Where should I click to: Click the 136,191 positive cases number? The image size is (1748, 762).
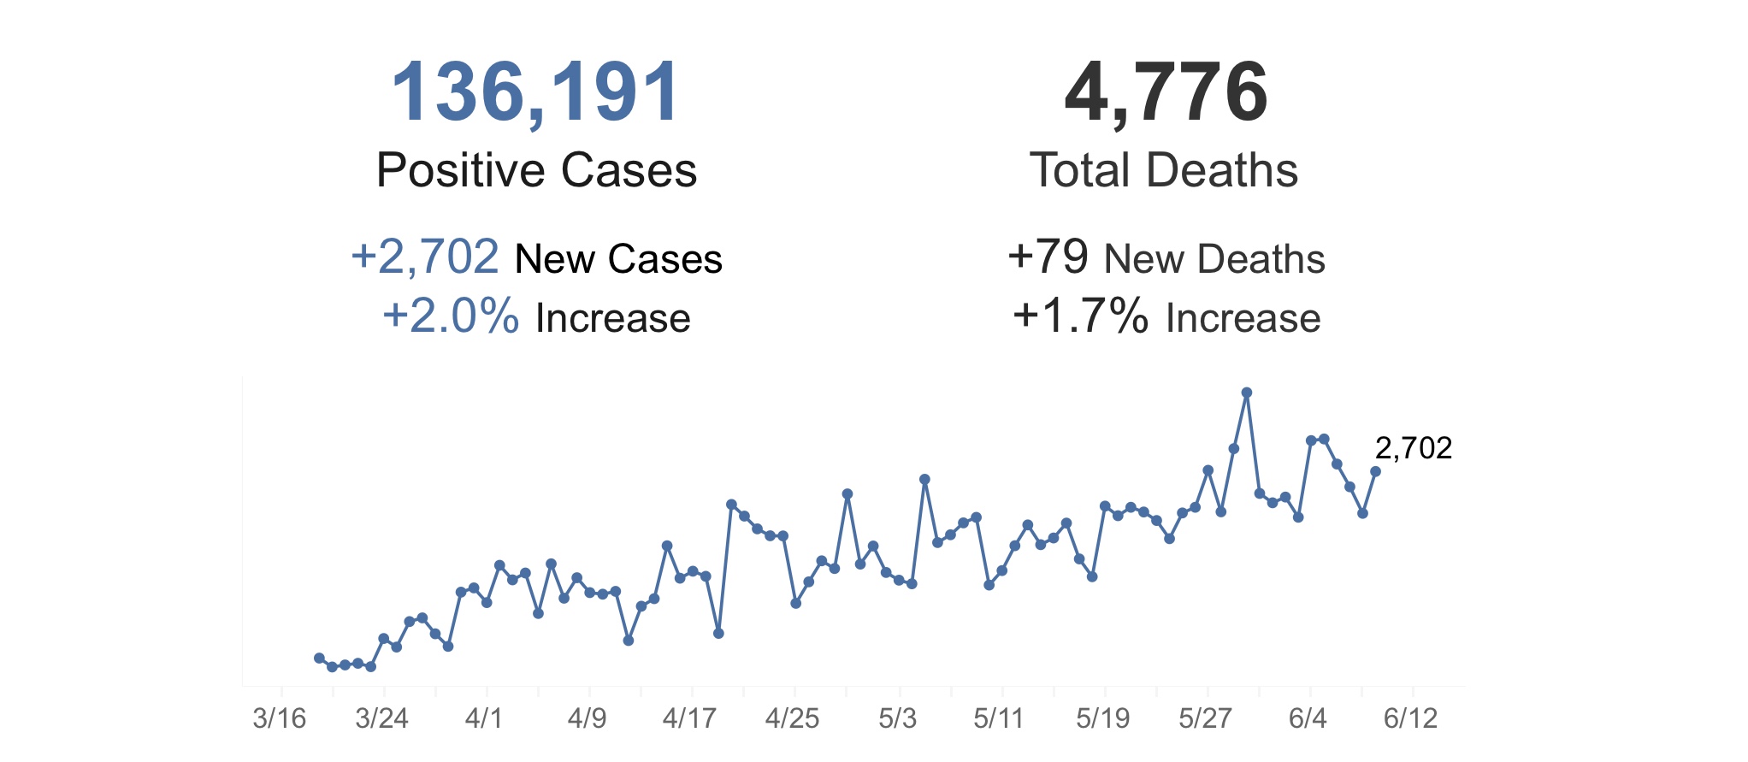click(535, 92)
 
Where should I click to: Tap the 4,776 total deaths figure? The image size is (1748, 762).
click(1166, 92)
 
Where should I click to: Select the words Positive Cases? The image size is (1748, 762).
click(536, 170)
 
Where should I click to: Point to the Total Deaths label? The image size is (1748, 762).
click(1164, 170)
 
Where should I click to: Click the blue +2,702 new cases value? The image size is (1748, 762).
click(425, 257)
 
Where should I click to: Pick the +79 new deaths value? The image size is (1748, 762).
click(1048, 257)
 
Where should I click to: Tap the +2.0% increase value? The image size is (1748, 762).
click(451, 316)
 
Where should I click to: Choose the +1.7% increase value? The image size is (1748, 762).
click(1081, 316)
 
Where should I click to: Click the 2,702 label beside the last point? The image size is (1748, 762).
click(1414, 448)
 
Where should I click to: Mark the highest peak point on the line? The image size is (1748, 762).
click(1246, 393)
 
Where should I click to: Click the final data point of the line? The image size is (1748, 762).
click(1375, 471)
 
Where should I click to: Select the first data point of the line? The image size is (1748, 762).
click(319, 658)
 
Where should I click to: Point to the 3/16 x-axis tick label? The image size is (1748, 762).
click(279, 718)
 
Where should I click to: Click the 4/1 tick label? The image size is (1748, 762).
click(484, 718)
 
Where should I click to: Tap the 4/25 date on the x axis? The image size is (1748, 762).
click(792, 718)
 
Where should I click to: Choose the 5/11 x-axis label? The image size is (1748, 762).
click(998, 718)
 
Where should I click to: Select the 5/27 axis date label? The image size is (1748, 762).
click(1205, 718)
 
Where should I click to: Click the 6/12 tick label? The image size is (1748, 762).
click(1411, 718)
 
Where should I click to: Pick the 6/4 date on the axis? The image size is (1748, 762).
click(1308, 718)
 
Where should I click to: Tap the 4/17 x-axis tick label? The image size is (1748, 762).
click(689, 718)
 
